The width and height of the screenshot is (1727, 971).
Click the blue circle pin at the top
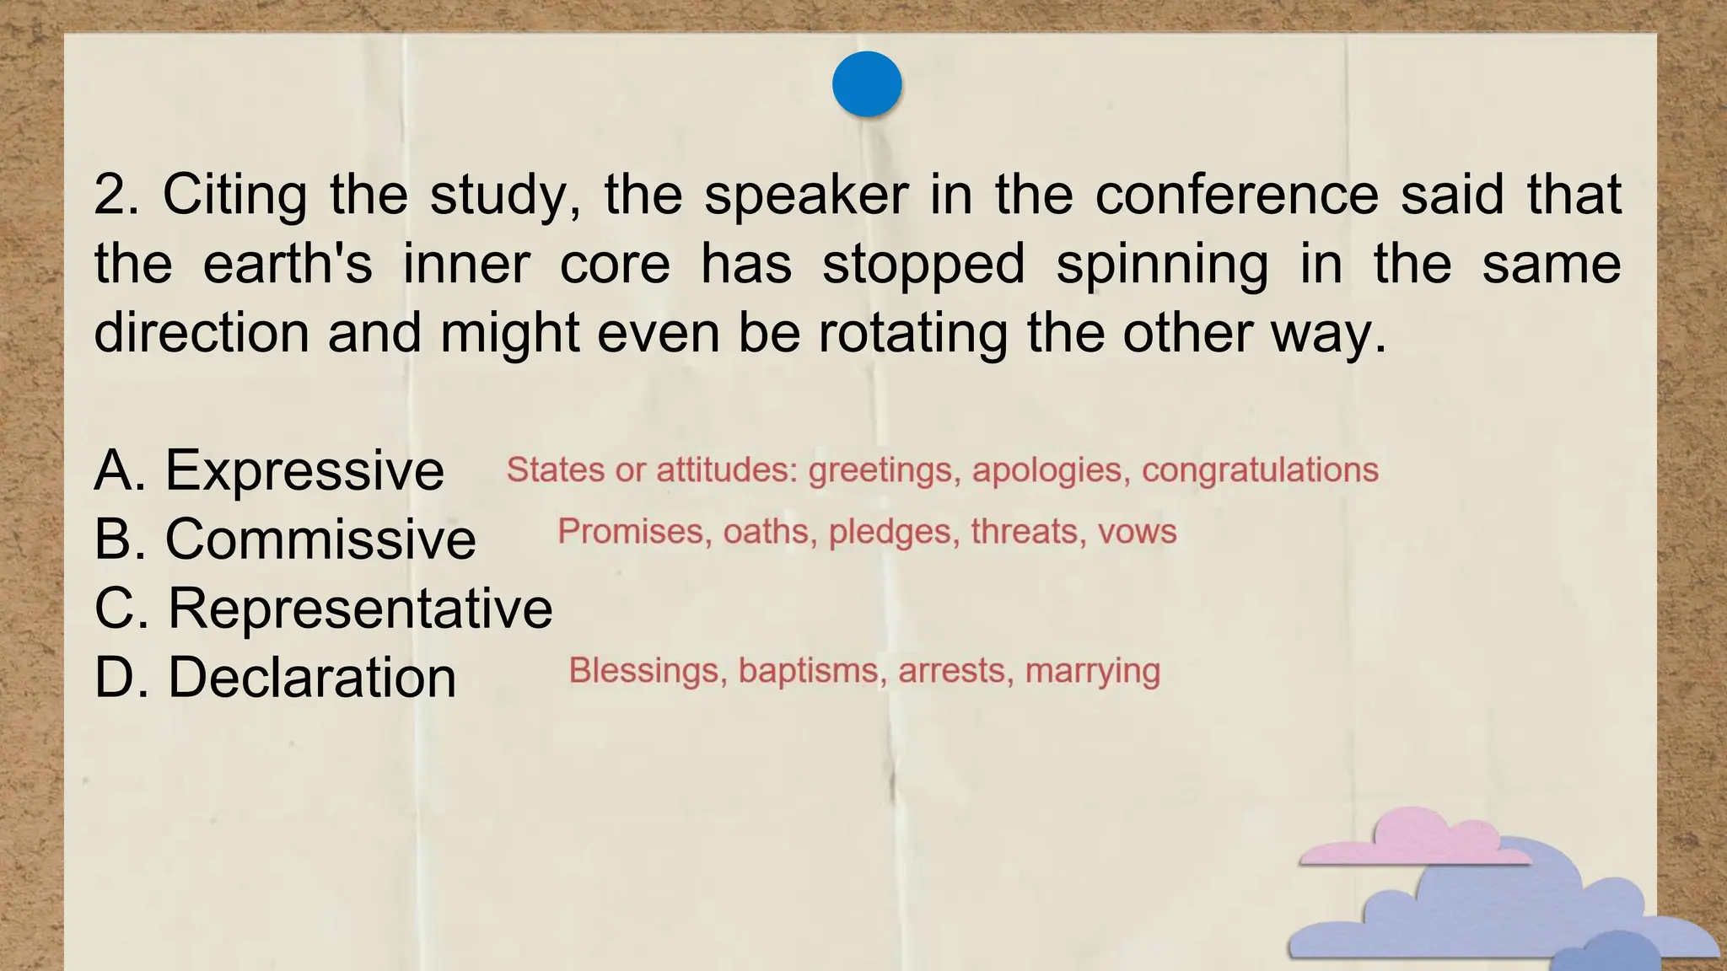(x=867, y=84)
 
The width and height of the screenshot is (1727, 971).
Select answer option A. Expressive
(x=269, y=469)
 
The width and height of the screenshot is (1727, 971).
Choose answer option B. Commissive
(x=285, y=539)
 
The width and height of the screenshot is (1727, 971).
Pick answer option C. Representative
(x=323, y=608)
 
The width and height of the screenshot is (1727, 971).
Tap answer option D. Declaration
(x=275, y=677)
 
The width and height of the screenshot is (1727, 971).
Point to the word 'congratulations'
(x=1260, y=469)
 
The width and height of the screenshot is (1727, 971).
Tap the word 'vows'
(x=1137, y=532)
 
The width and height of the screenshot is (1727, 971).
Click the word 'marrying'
(x=1093, y=672)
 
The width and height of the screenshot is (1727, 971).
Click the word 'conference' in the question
(x=1236, y=194)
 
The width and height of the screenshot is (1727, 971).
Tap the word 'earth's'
(x=288, y=264)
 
